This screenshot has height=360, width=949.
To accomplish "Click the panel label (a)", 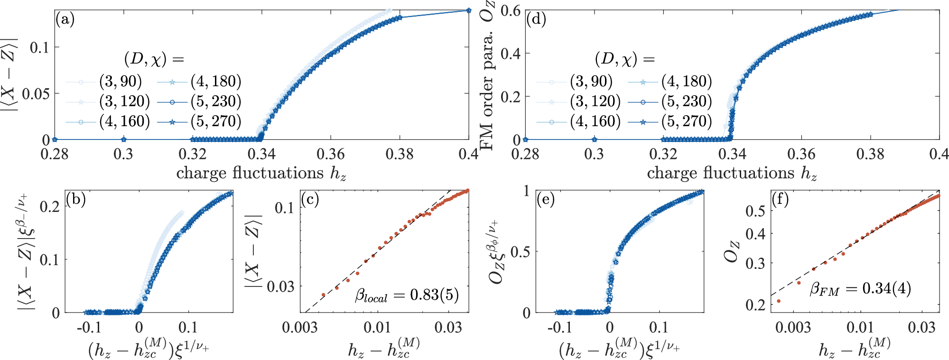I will [x=65, y=20].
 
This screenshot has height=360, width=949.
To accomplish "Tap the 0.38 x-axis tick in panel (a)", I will [x=400, y=154].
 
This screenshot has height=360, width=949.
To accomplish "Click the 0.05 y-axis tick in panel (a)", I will [x=36, y=93].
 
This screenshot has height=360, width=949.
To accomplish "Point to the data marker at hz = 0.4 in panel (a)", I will [x=468, y=10].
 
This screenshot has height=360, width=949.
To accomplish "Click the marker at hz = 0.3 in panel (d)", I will [x=594, y=140].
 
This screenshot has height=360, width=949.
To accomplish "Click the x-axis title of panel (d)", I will [x=732, y=173].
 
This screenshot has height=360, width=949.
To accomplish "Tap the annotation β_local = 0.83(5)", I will [x=407, y=295].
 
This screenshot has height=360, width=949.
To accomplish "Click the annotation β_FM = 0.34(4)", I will [x=860, y=289].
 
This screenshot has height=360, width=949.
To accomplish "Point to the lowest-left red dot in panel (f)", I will [x=779, y=301].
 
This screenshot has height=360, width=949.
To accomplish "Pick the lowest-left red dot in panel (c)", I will [x=324, y=295].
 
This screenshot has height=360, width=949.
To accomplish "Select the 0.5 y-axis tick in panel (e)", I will [x=521, y=252].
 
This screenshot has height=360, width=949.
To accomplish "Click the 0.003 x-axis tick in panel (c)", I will [x=300, y=328].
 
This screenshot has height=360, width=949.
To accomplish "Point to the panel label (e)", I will [x=546, y=200].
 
